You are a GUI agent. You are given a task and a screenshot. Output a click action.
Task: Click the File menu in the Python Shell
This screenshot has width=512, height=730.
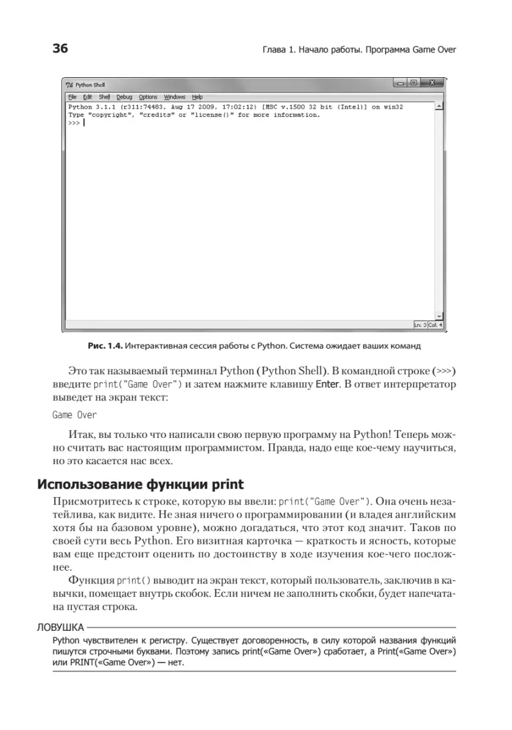pos(72,97)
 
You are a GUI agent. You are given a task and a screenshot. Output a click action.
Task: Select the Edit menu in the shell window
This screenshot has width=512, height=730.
pos(88,97)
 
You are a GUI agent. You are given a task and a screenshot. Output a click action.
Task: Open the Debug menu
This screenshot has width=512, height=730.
pos(124,97)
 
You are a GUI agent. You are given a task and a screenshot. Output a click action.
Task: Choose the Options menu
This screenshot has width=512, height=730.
pos(148,97)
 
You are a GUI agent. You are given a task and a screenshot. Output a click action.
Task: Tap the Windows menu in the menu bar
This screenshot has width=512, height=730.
pos(175,97)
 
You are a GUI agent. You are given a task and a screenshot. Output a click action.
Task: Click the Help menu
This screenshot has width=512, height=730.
pos(197,97)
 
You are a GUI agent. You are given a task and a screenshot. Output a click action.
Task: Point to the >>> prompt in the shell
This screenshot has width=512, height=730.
pos(74,122)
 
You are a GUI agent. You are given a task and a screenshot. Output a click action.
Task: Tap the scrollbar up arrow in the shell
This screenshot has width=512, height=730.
pos(439,106)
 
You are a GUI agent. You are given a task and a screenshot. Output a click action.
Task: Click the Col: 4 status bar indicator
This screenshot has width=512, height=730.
pos(435,325)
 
